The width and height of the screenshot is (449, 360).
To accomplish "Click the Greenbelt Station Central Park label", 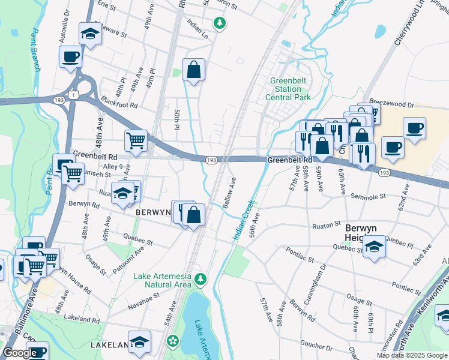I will (290, 89).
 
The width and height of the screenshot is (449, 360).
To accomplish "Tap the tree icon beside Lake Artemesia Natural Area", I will (201, 278).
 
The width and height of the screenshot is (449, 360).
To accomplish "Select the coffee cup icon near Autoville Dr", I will (70, 57).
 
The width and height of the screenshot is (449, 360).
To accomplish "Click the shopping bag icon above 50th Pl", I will (194, 70).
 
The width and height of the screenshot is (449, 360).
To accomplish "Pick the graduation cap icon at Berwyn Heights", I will (374, 247).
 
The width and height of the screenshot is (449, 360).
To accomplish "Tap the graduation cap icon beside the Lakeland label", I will (139, 341).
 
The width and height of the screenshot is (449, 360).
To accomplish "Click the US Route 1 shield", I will (73, 95).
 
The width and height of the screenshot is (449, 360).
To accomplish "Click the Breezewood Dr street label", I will (393, 104).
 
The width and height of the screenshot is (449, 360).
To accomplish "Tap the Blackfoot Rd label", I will (119, 101).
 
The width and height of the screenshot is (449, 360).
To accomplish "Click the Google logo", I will (19, 353).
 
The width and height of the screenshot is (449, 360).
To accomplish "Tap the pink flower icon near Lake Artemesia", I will (173, 341).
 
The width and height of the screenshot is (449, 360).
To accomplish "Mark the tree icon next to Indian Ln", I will (220, 23).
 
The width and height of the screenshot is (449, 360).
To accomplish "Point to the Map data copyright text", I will (412, 355).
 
